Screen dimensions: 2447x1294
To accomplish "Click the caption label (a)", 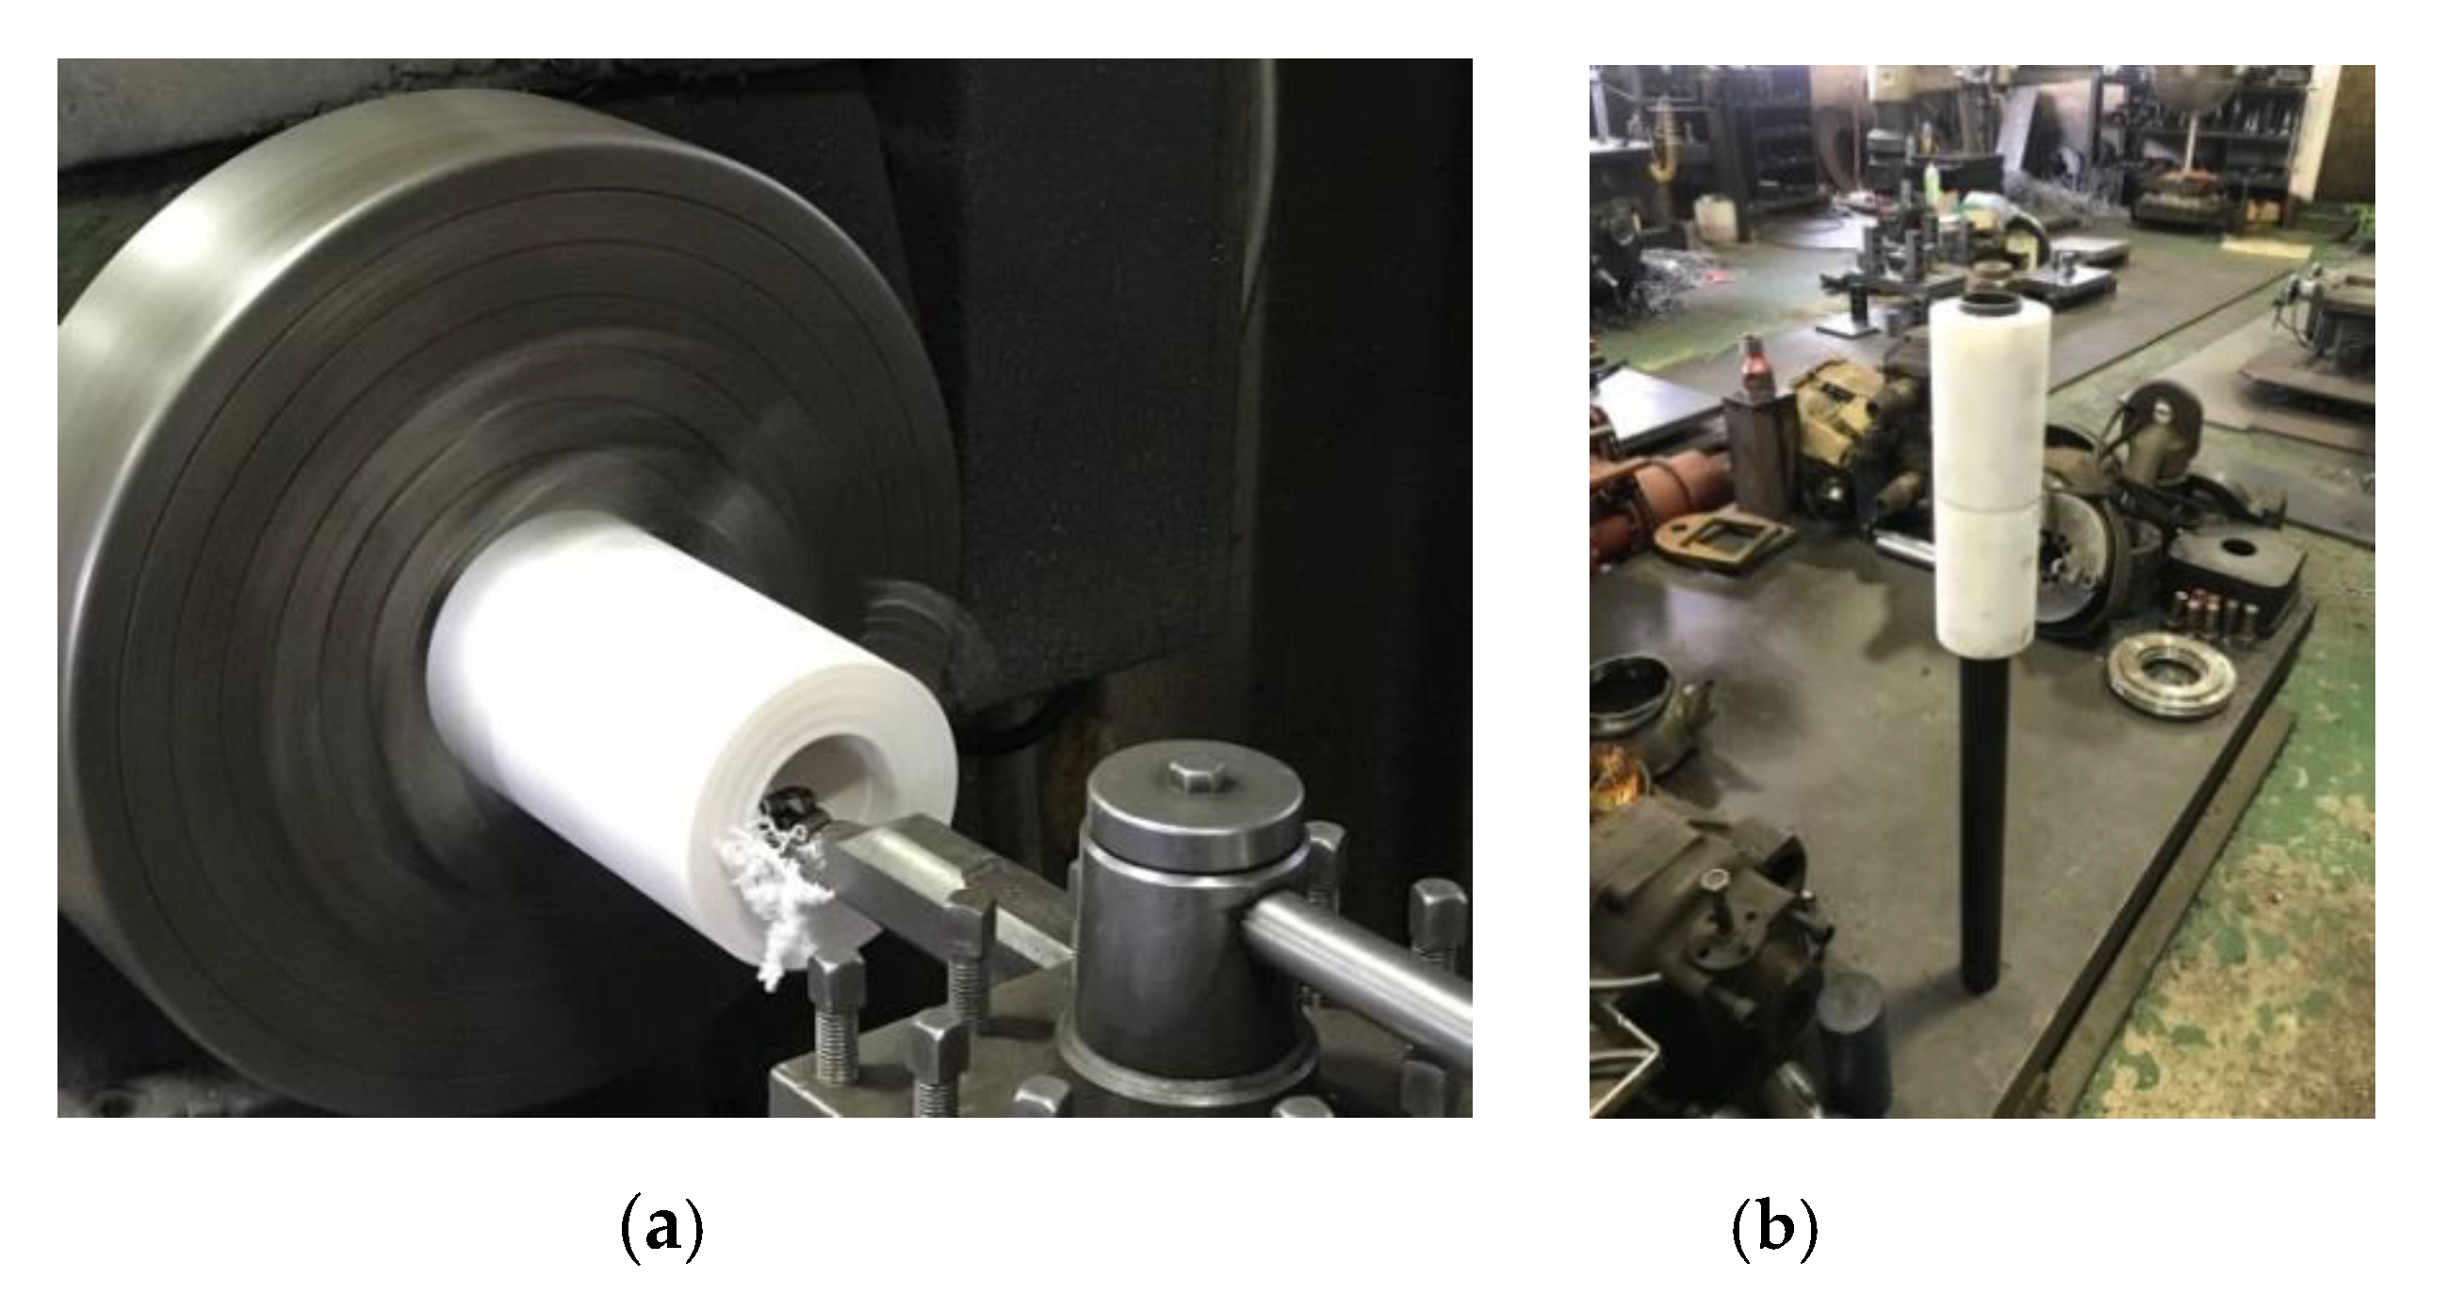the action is pyautogui.click(x=661, y=1227).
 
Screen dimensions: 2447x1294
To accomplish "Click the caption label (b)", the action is pyautogui.click(x=1775, y=1227).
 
